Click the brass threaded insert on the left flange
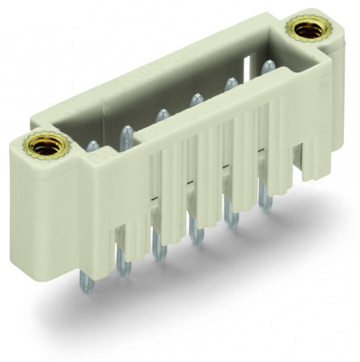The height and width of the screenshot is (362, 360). tap(44, 144)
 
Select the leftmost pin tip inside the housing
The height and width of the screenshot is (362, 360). tap(92, 146)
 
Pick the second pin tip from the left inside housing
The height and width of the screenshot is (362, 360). tap(125, 130)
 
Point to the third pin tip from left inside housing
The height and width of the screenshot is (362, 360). tap(161, 114)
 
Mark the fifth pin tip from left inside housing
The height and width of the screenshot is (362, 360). tap(232, 82)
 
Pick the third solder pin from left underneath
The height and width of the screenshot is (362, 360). tap(160, 251)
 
